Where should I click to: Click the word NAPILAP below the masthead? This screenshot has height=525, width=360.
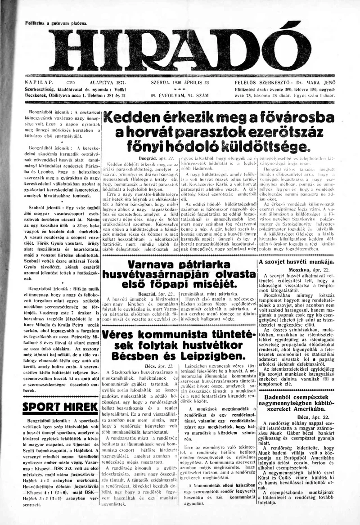[39, 84]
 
